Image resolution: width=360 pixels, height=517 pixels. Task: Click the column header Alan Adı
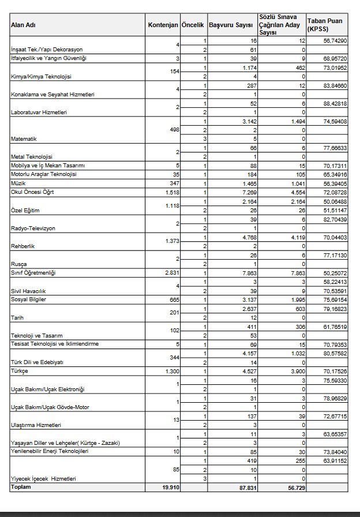point(22,25)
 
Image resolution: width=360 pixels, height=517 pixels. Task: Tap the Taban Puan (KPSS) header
point(324,25)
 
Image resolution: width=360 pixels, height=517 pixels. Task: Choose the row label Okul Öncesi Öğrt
point(32,192)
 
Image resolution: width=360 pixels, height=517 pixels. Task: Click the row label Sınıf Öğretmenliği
point(35,272)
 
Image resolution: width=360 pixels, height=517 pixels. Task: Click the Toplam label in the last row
point(20,488)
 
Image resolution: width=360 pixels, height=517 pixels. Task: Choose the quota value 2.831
point(170,272)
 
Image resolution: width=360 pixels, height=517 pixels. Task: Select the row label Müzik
point(18,183)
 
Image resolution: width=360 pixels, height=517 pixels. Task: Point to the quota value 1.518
point(170,192)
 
